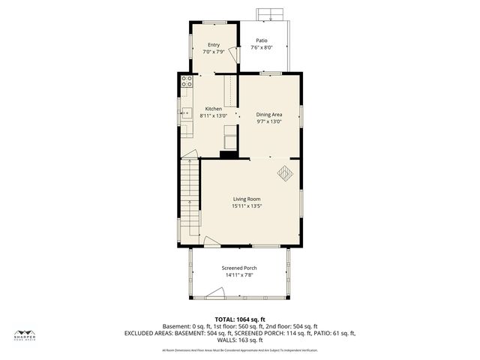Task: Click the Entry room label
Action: tap(214, 45)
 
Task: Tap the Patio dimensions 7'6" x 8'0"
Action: tap(261, 47)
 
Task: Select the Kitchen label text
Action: tap(214, 109)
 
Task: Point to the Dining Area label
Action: tap(269, 115)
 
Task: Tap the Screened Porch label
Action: tap(239, 268)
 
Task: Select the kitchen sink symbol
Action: tap(185, 115)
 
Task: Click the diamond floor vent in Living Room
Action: tap(285, 173)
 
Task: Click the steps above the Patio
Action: tap(268, 14)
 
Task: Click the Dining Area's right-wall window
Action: tap(301, 116)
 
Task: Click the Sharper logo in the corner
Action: tap(25, 336)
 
